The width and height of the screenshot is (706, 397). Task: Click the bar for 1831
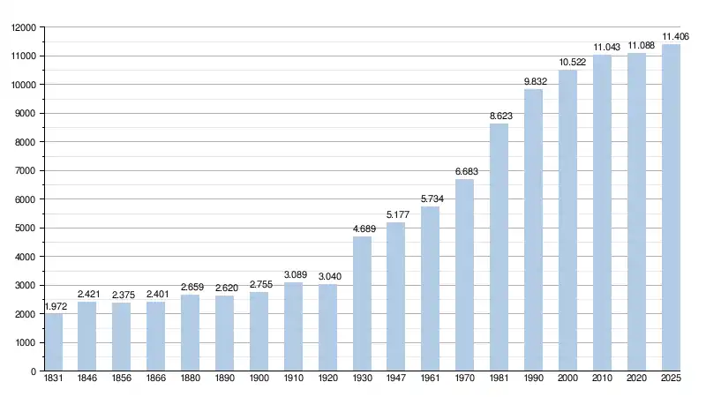[54, 342]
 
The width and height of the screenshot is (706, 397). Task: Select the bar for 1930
[362, 303]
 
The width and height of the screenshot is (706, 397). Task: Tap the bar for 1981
[499, 247]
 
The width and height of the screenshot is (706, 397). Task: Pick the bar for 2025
[672, 207]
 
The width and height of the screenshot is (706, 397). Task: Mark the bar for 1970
[465, 275]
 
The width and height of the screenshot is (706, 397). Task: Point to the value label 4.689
[362, 229]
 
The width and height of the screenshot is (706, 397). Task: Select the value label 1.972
[55, 306]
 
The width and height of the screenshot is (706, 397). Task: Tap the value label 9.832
[534, 81]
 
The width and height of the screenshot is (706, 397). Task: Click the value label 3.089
[293, 275]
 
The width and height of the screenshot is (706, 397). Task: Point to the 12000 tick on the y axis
[23, 27]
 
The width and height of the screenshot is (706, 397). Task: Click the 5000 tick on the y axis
[26, 228]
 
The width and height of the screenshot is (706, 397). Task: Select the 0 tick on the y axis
[34, 371]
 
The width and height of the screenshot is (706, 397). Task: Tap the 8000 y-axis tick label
[26, 142]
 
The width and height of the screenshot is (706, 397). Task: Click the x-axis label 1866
[156, 378]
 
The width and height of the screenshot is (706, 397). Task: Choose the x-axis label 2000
[568, 378]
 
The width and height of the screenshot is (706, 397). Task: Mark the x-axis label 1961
[431, 378]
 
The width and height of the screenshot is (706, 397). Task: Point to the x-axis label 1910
[293, 378]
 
